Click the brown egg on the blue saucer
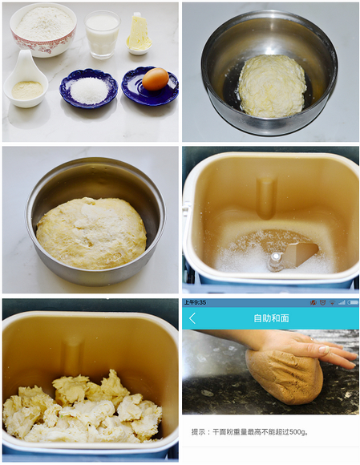click(x=156, y=79)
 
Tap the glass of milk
click(x=103, y=34)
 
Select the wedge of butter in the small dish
click(x=139, y=33)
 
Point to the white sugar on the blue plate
click(x=89, y=91)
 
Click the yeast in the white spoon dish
click(x=27, y=90)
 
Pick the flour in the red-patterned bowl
click(x=44, y=24)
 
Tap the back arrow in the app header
click(x=192, y=318)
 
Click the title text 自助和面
click(x=271, y=318)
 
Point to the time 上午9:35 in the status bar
click(x=195, y=302)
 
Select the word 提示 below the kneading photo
click(x=198, y=432)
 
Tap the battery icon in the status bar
click(x=353, y=302)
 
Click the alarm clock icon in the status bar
click(x=322, y=302)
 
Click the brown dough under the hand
click(x=284, y=376)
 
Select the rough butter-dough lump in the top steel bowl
click(x=272, y=86)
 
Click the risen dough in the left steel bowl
click(x=91, y=233)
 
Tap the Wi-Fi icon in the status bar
click(x=333, y=302)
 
